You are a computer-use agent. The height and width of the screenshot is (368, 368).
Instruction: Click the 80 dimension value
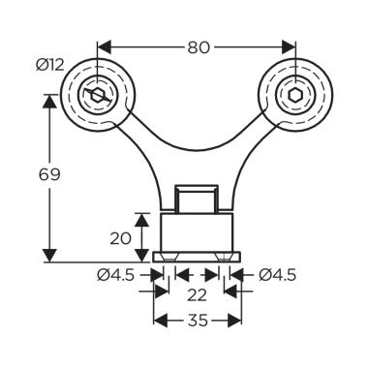(x=199, y=47)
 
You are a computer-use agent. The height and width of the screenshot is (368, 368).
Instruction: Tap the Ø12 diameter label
(x=50, y=66)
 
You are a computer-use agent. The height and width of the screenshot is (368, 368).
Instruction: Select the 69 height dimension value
(x=49, y=174)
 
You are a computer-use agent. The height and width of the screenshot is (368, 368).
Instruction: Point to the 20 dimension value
(x=121, y=238)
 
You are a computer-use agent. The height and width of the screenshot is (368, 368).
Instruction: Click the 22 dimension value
(x=197, y=294)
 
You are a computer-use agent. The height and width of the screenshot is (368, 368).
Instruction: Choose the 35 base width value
(x=197, y=321)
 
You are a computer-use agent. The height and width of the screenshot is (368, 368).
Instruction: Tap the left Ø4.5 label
(x=115, y=275)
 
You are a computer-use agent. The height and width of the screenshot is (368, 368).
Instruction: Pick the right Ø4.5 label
(x=277, y=275)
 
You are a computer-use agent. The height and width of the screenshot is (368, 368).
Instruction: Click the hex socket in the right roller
(x=295, y=95)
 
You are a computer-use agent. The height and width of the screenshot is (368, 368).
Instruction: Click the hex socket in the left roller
(x=97, y=95)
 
